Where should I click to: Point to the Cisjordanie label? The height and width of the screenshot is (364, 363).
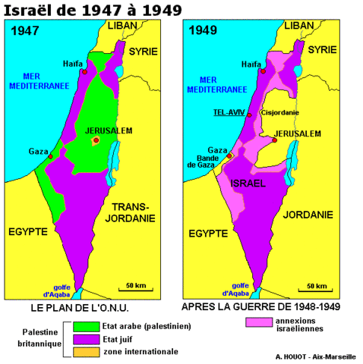click(279, 113)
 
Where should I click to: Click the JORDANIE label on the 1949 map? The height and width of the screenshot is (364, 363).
click(308, 215)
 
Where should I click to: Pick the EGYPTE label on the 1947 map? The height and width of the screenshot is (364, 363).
click(30, 231)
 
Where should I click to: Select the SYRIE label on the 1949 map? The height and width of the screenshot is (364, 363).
click(321, 50)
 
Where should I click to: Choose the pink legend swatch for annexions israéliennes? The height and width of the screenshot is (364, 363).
click(259, 322)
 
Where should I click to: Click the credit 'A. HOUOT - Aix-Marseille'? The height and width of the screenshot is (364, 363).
click(315, 355)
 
